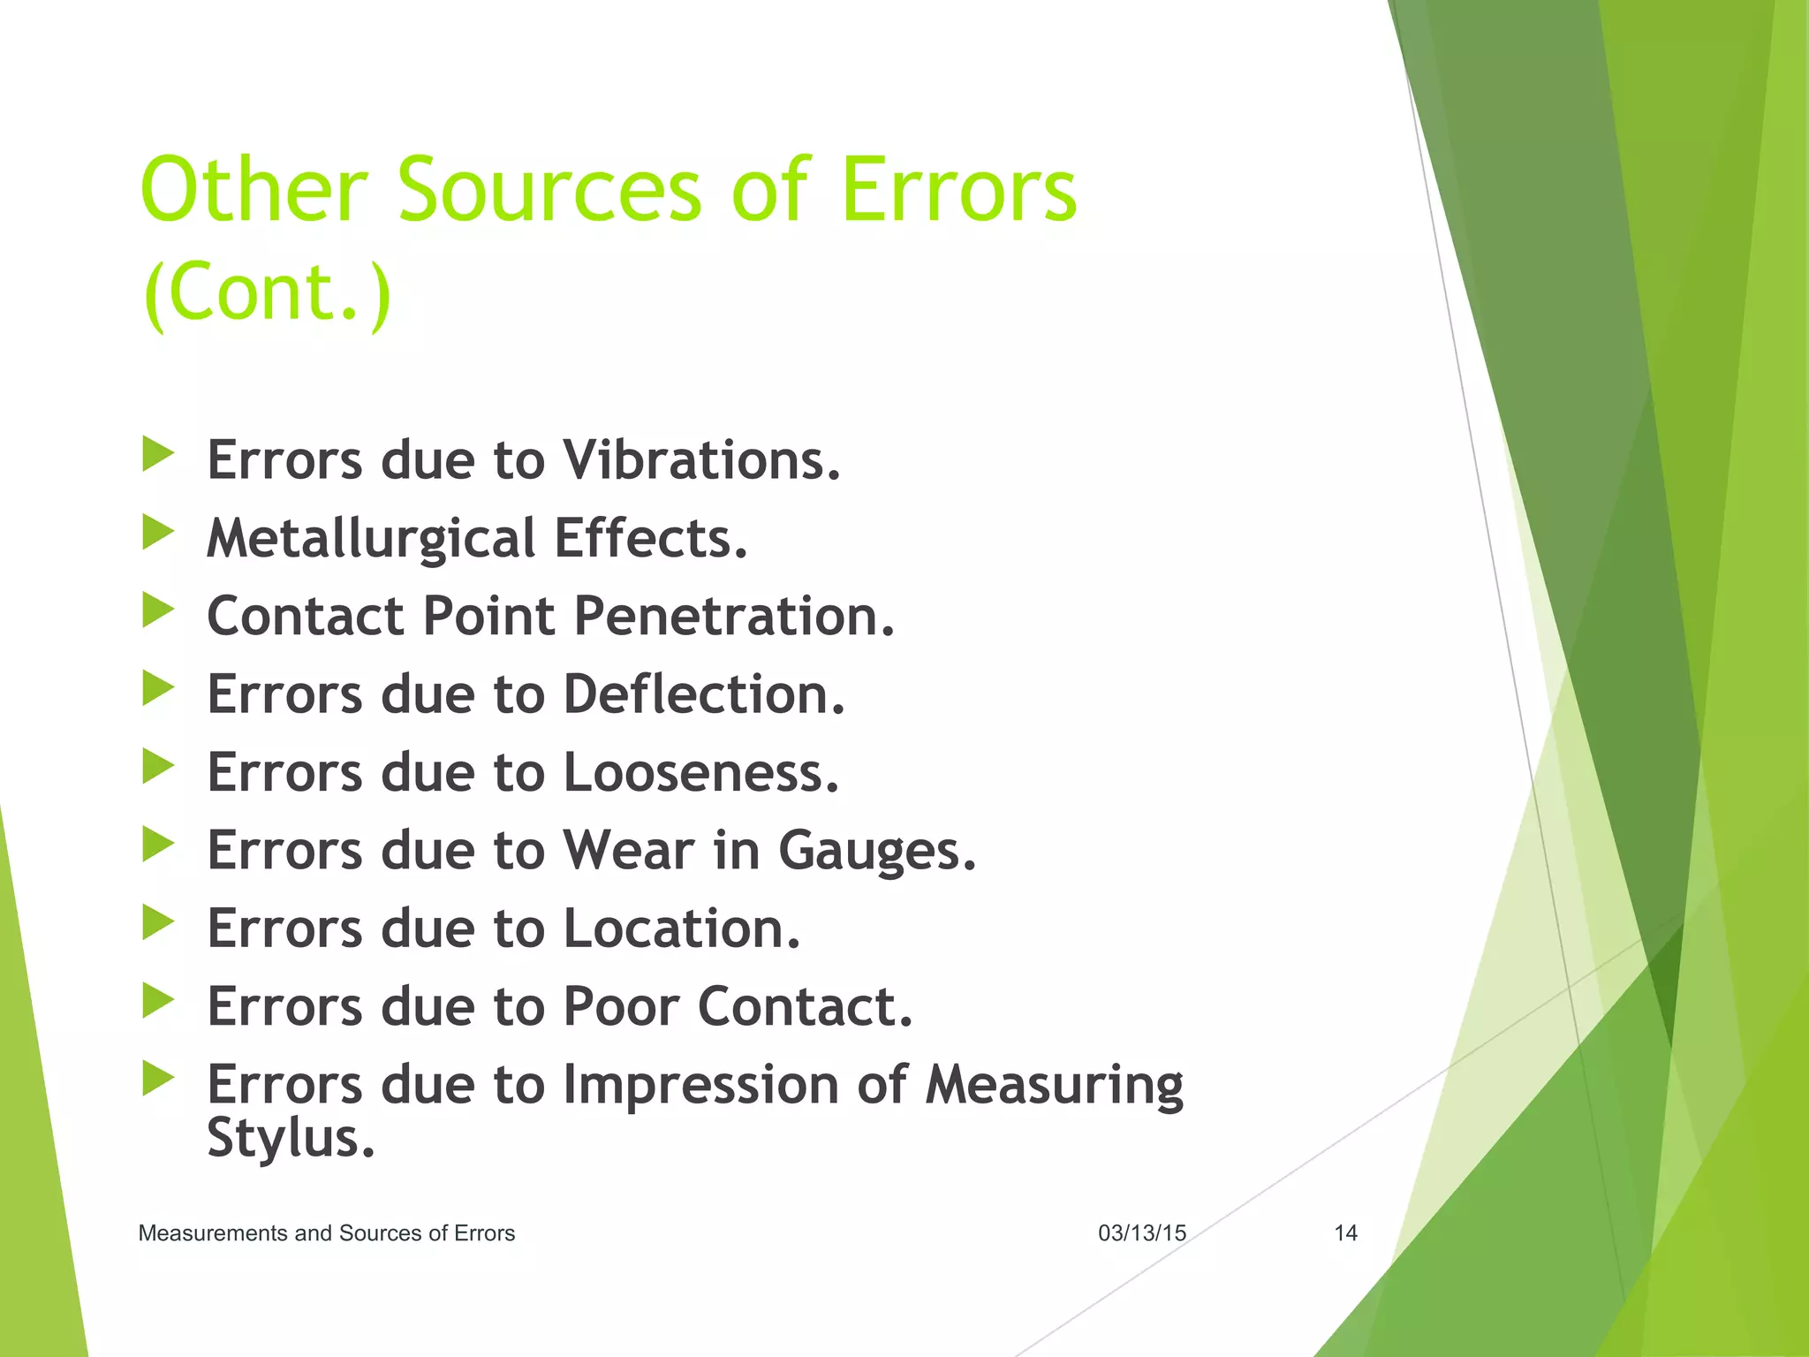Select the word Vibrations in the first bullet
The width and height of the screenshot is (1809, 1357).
tap(701, 460)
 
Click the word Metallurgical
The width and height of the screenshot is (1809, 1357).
tap(371, 539)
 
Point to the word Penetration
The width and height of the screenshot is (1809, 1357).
tap(734, 616)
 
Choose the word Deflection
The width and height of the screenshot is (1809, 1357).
tap(704, 694)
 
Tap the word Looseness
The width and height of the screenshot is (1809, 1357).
tap(700, 772)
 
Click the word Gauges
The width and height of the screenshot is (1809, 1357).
tap(877, 851)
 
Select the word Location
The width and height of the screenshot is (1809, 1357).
tap(681, 929)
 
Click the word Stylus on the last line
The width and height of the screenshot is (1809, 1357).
tap(291, 1138)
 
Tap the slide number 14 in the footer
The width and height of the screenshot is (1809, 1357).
tap(1344, 1233)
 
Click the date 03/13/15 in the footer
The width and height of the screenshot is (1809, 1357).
tap(1141, 1233)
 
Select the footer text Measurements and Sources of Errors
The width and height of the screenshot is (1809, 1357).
tap(326, 1233)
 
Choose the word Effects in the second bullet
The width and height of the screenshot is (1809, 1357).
tap(650, 539)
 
